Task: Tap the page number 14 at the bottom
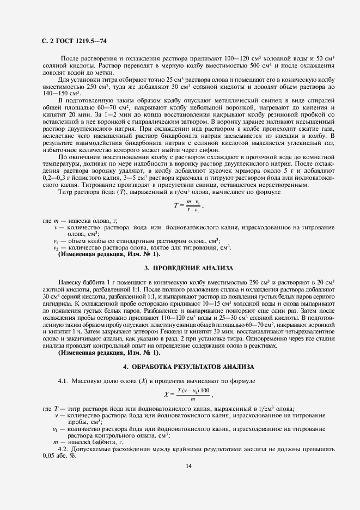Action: click(x=187, y=466)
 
